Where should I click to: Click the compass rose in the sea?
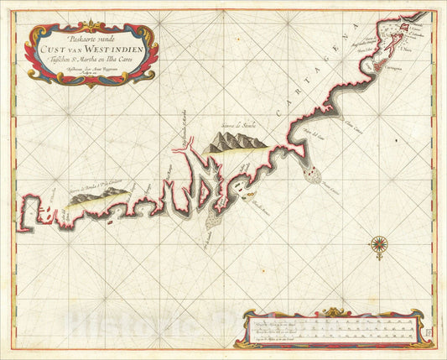tap(379, 245)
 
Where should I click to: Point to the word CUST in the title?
tap(71, 49)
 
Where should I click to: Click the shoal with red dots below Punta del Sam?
tap(314, 173)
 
